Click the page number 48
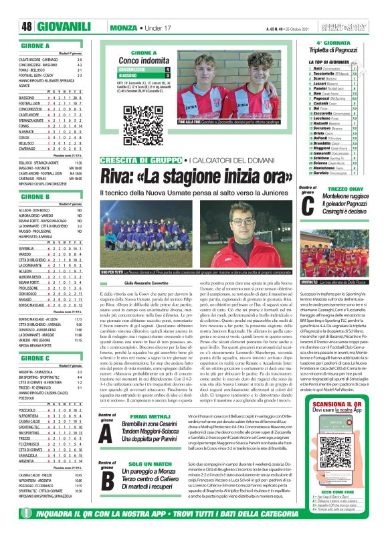coord(26,27)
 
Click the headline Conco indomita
coord(144,60)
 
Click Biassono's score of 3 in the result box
coord(167,76)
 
